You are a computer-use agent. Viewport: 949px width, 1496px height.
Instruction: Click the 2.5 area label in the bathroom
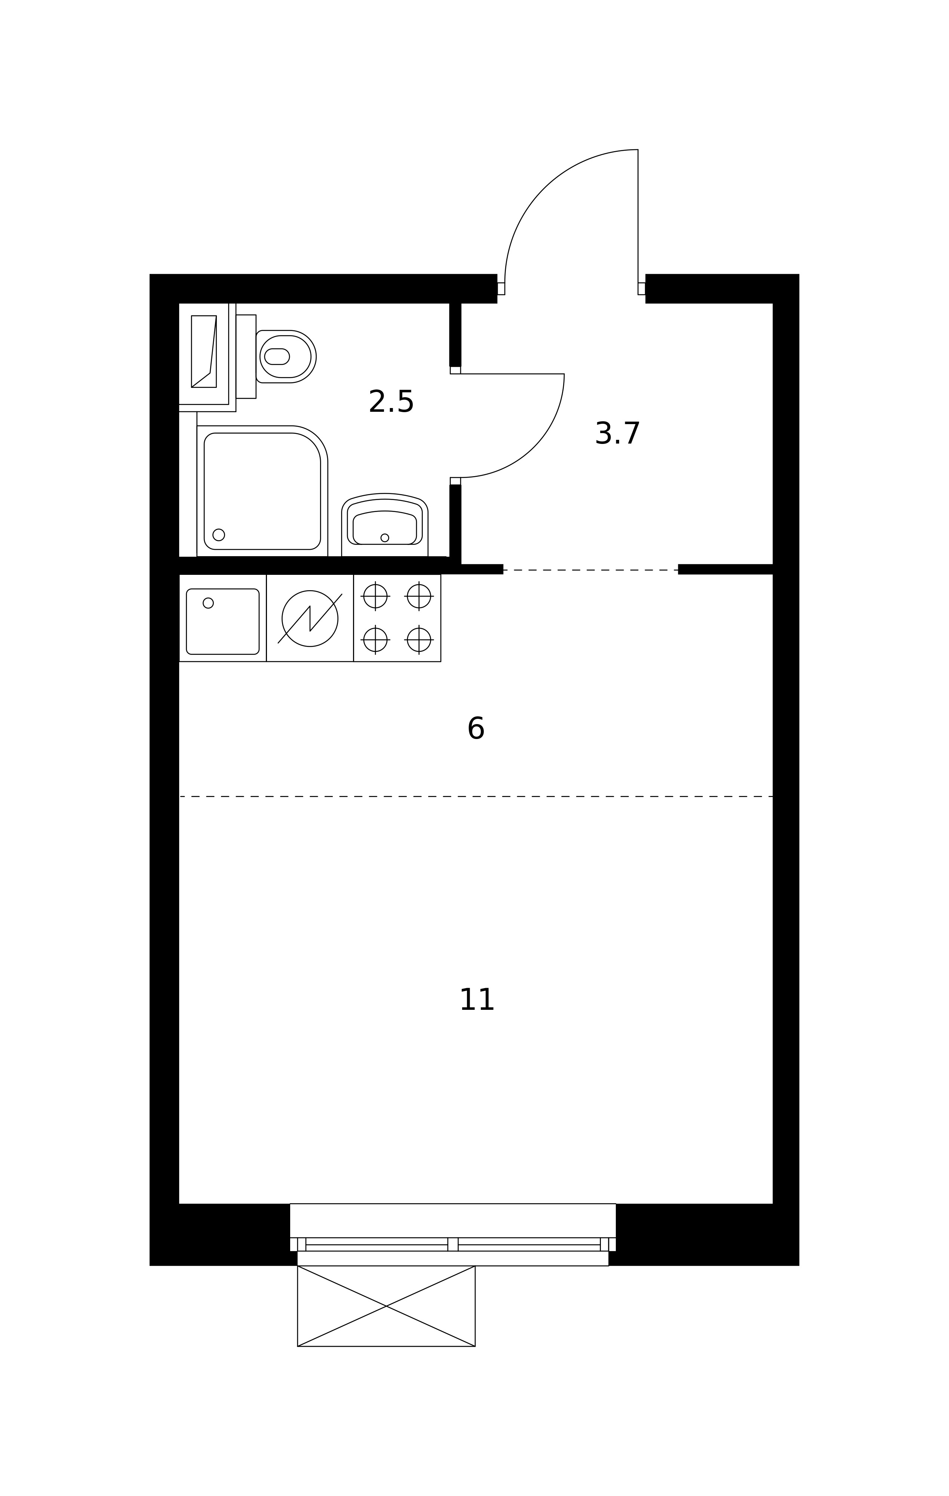(x=391, y=402)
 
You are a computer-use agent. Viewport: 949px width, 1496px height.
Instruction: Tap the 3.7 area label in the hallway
(x=617, y=433)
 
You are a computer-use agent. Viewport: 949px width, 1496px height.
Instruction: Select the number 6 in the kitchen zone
(x=476, y=729)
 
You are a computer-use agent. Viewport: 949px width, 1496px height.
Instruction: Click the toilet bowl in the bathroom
(x=286, y=356)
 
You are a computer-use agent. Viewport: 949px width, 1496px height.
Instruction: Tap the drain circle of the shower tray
(x=219, y=535)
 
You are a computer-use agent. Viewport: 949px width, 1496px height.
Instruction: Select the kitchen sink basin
(x=222, y=621)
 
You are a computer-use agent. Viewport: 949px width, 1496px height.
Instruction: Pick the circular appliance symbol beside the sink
(x=310, y=619)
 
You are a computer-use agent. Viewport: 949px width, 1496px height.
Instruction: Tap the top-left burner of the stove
(x=375, y=597)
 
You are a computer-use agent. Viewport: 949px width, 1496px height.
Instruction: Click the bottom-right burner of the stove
(x=419, y=640)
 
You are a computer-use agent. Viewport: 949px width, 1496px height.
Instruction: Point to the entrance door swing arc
(x=543, y=186)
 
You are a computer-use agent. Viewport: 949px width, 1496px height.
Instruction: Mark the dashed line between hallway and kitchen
(x=590, y=570)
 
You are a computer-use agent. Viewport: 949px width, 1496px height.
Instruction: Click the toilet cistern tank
(x=246, y=356)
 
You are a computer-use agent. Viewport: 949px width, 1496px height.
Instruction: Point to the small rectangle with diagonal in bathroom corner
(x=204, y=352)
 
